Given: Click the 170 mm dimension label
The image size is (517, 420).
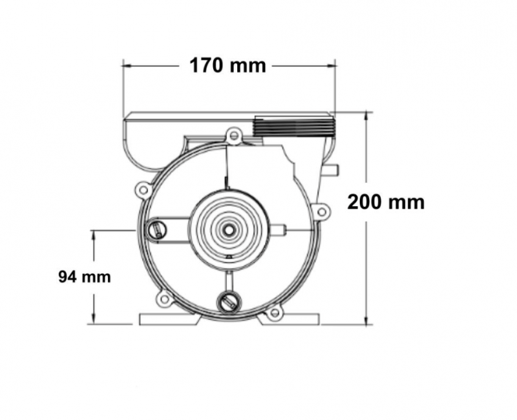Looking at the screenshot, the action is pyautogui.click(x=227, y=66).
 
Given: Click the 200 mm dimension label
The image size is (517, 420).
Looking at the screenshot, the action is pyautogui.click(x=386, y=202).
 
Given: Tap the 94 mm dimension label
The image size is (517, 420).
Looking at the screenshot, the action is pyautogui.click(x=85, y=277).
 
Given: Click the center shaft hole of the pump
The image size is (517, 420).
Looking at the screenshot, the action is pyautogui.click(x=228, y=230).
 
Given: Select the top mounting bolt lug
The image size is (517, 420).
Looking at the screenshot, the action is pyautogui.click(x=234, y=135).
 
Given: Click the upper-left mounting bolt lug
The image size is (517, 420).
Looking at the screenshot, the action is pyautogui.click(x=143, y=189).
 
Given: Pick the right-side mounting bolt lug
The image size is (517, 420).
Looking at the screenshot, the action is pyautogui.click(x=321, y=211).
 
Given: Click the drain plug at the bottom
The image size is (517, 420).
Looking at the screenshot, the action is pyautogui.click(x=228, y=302).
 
